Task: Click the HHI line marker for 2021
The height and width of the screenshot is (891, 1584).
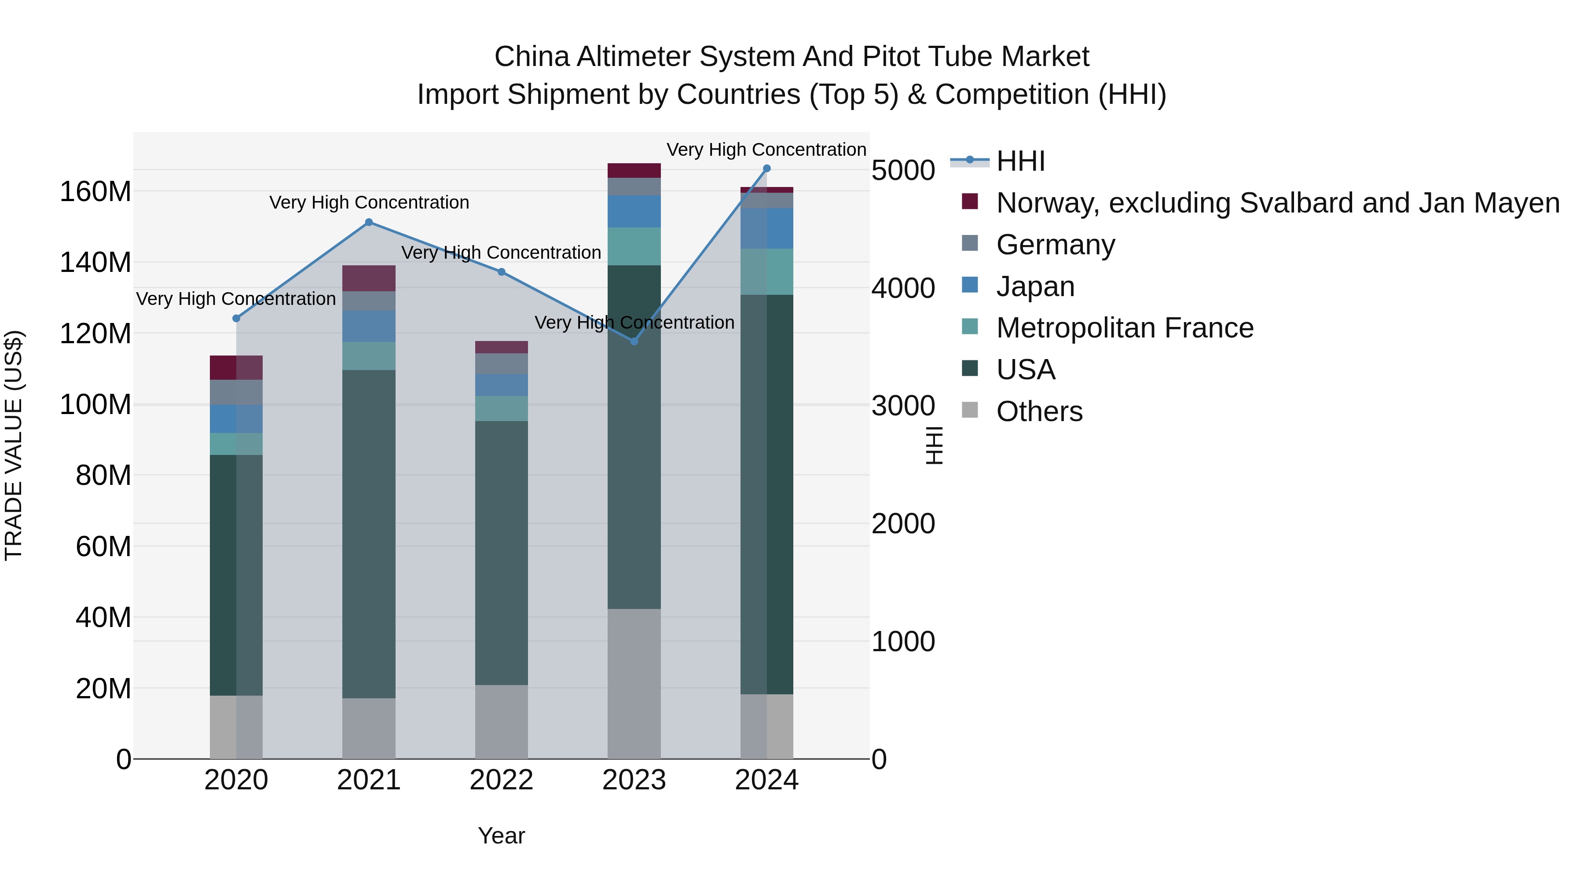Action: (369, 223)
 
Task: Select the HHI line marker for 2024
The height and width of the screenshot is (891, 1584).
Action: (767, 169)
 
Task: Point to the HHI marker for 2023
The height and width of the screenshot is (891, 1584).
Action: (634, 341)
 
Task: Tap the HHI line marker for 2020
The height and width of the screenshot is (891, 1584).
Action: (236, 319)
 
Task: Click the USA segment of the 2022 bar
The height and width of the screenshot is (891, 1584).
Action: (501, 554)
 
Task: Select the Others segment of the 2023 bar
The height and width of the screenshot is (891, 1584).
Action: (634, 684)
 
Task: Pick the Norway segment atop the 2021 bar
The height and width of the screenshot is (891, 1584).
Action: (369, 279)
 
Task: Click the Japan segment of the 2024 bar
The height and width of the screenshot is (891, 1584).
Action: (767, 229)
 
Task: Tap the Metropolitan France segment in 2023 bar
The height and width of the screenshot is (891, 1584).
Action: (634, 246)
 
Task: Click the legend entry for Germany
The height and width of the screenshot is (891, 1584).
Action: (1055, 245)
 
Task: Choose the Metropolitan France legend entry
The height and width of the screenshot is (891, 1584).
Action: (1124, 328)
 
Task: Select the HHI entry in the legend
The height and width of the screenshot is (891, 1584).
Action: (1021, 161)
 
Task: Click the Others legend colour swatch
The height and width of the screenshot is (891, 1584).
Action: (970, 410)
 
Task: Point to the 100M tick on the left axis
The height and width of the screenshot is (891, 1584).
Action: (95, 405)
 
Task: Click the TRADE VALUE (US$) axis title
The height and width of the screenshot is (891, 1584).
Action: (14, 445)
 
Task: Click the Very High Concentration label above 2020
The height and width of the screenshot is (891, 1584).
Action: (236, 299)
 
